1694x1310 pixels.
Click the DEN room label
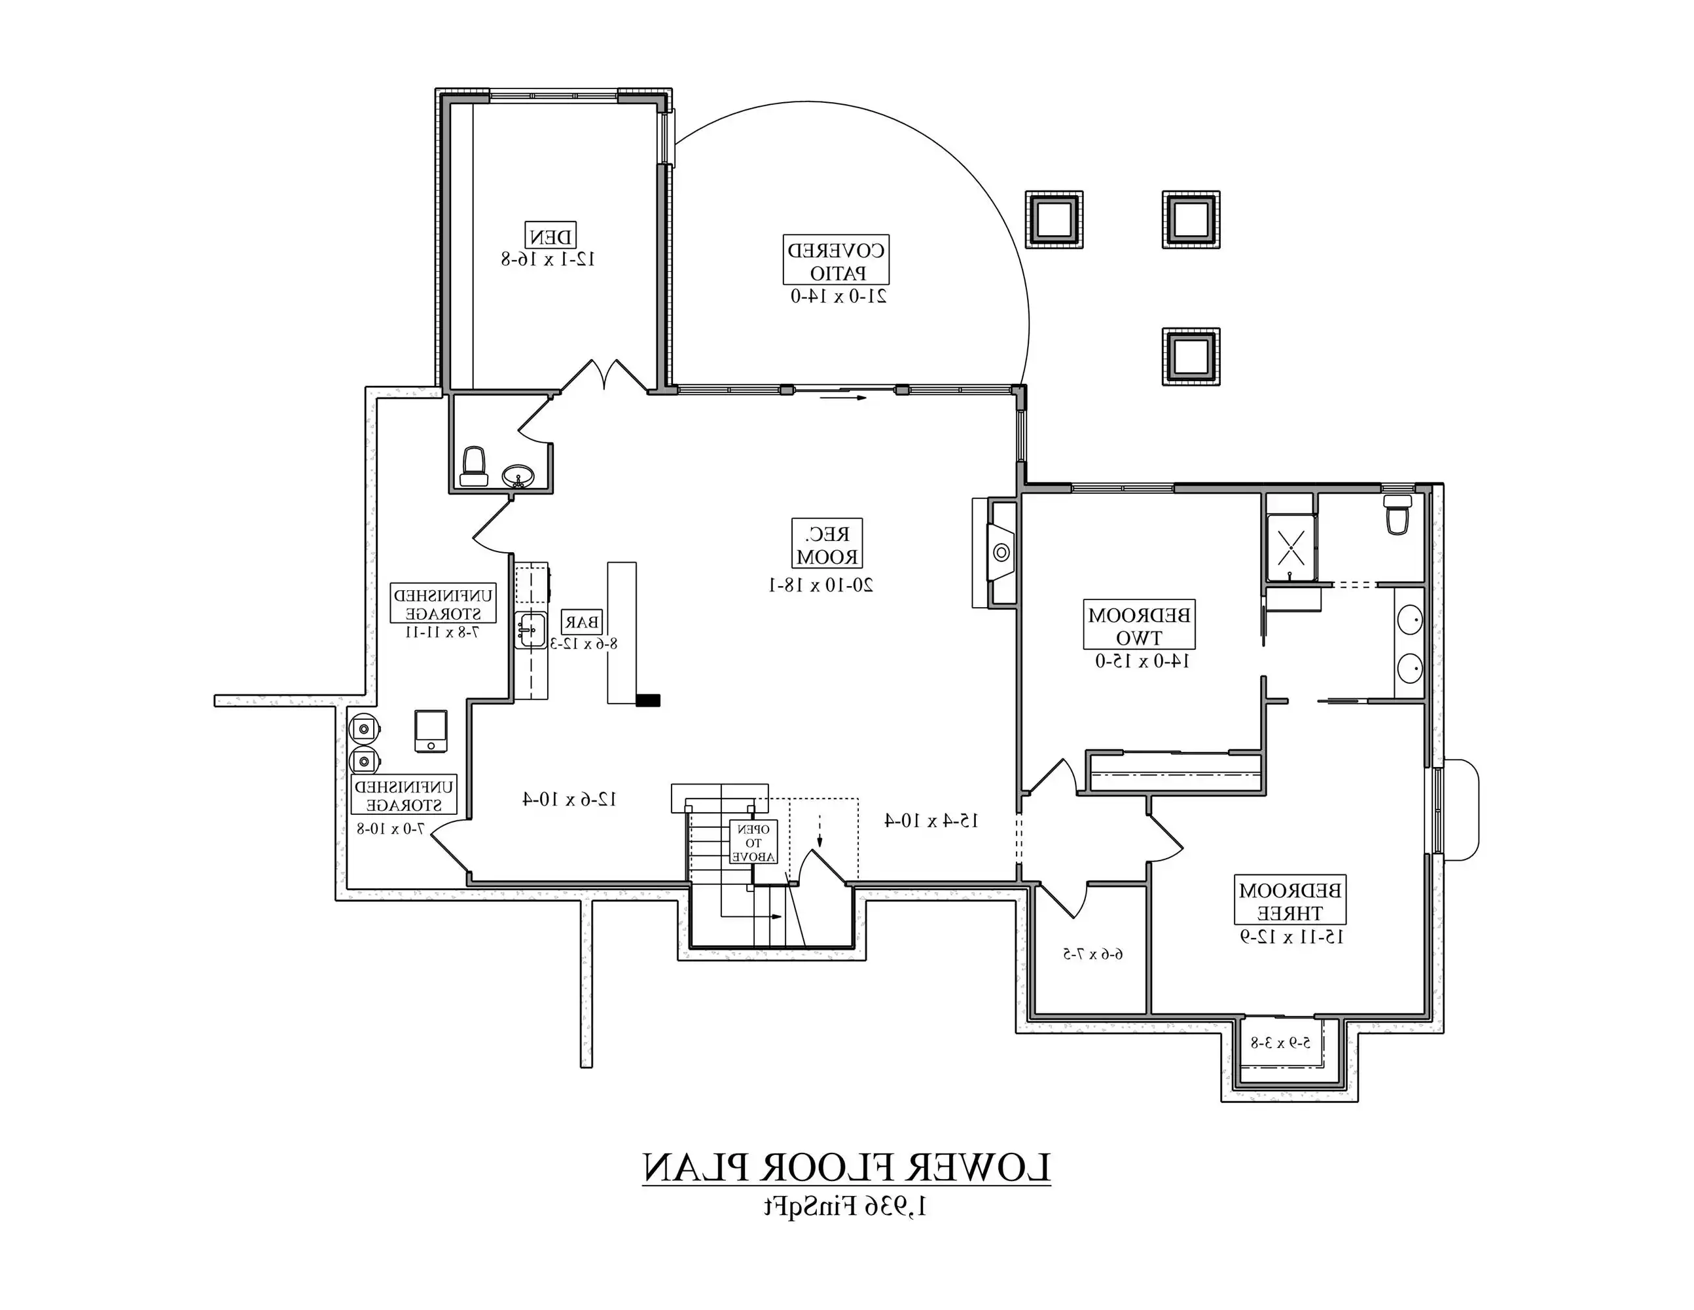tap(549, 236)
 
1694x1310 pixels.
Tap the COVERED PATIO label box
tap(835, 261)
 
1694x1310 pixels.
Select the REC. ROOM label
tap(827, 545)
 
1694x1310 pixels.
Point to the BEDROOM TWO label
tap(1139, 626)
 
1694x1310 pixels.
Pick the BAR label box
tap(582, 622)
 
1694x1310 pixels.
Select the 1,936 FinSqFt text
tap(846, 1207)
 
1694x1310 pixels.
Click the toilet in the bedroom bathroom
tap(1397, 516)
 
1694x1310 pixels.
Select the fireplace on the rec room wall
tap(1001, 553)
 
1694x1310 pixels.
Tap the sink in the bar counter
tap(532, 629)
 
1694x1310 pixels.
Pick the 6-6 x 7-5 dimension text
tap(1092, 954)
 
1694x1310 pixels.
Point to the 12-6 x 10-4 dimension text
tap(569, 799)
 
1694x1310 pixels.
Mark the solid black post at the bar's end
tap(647, 701)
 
